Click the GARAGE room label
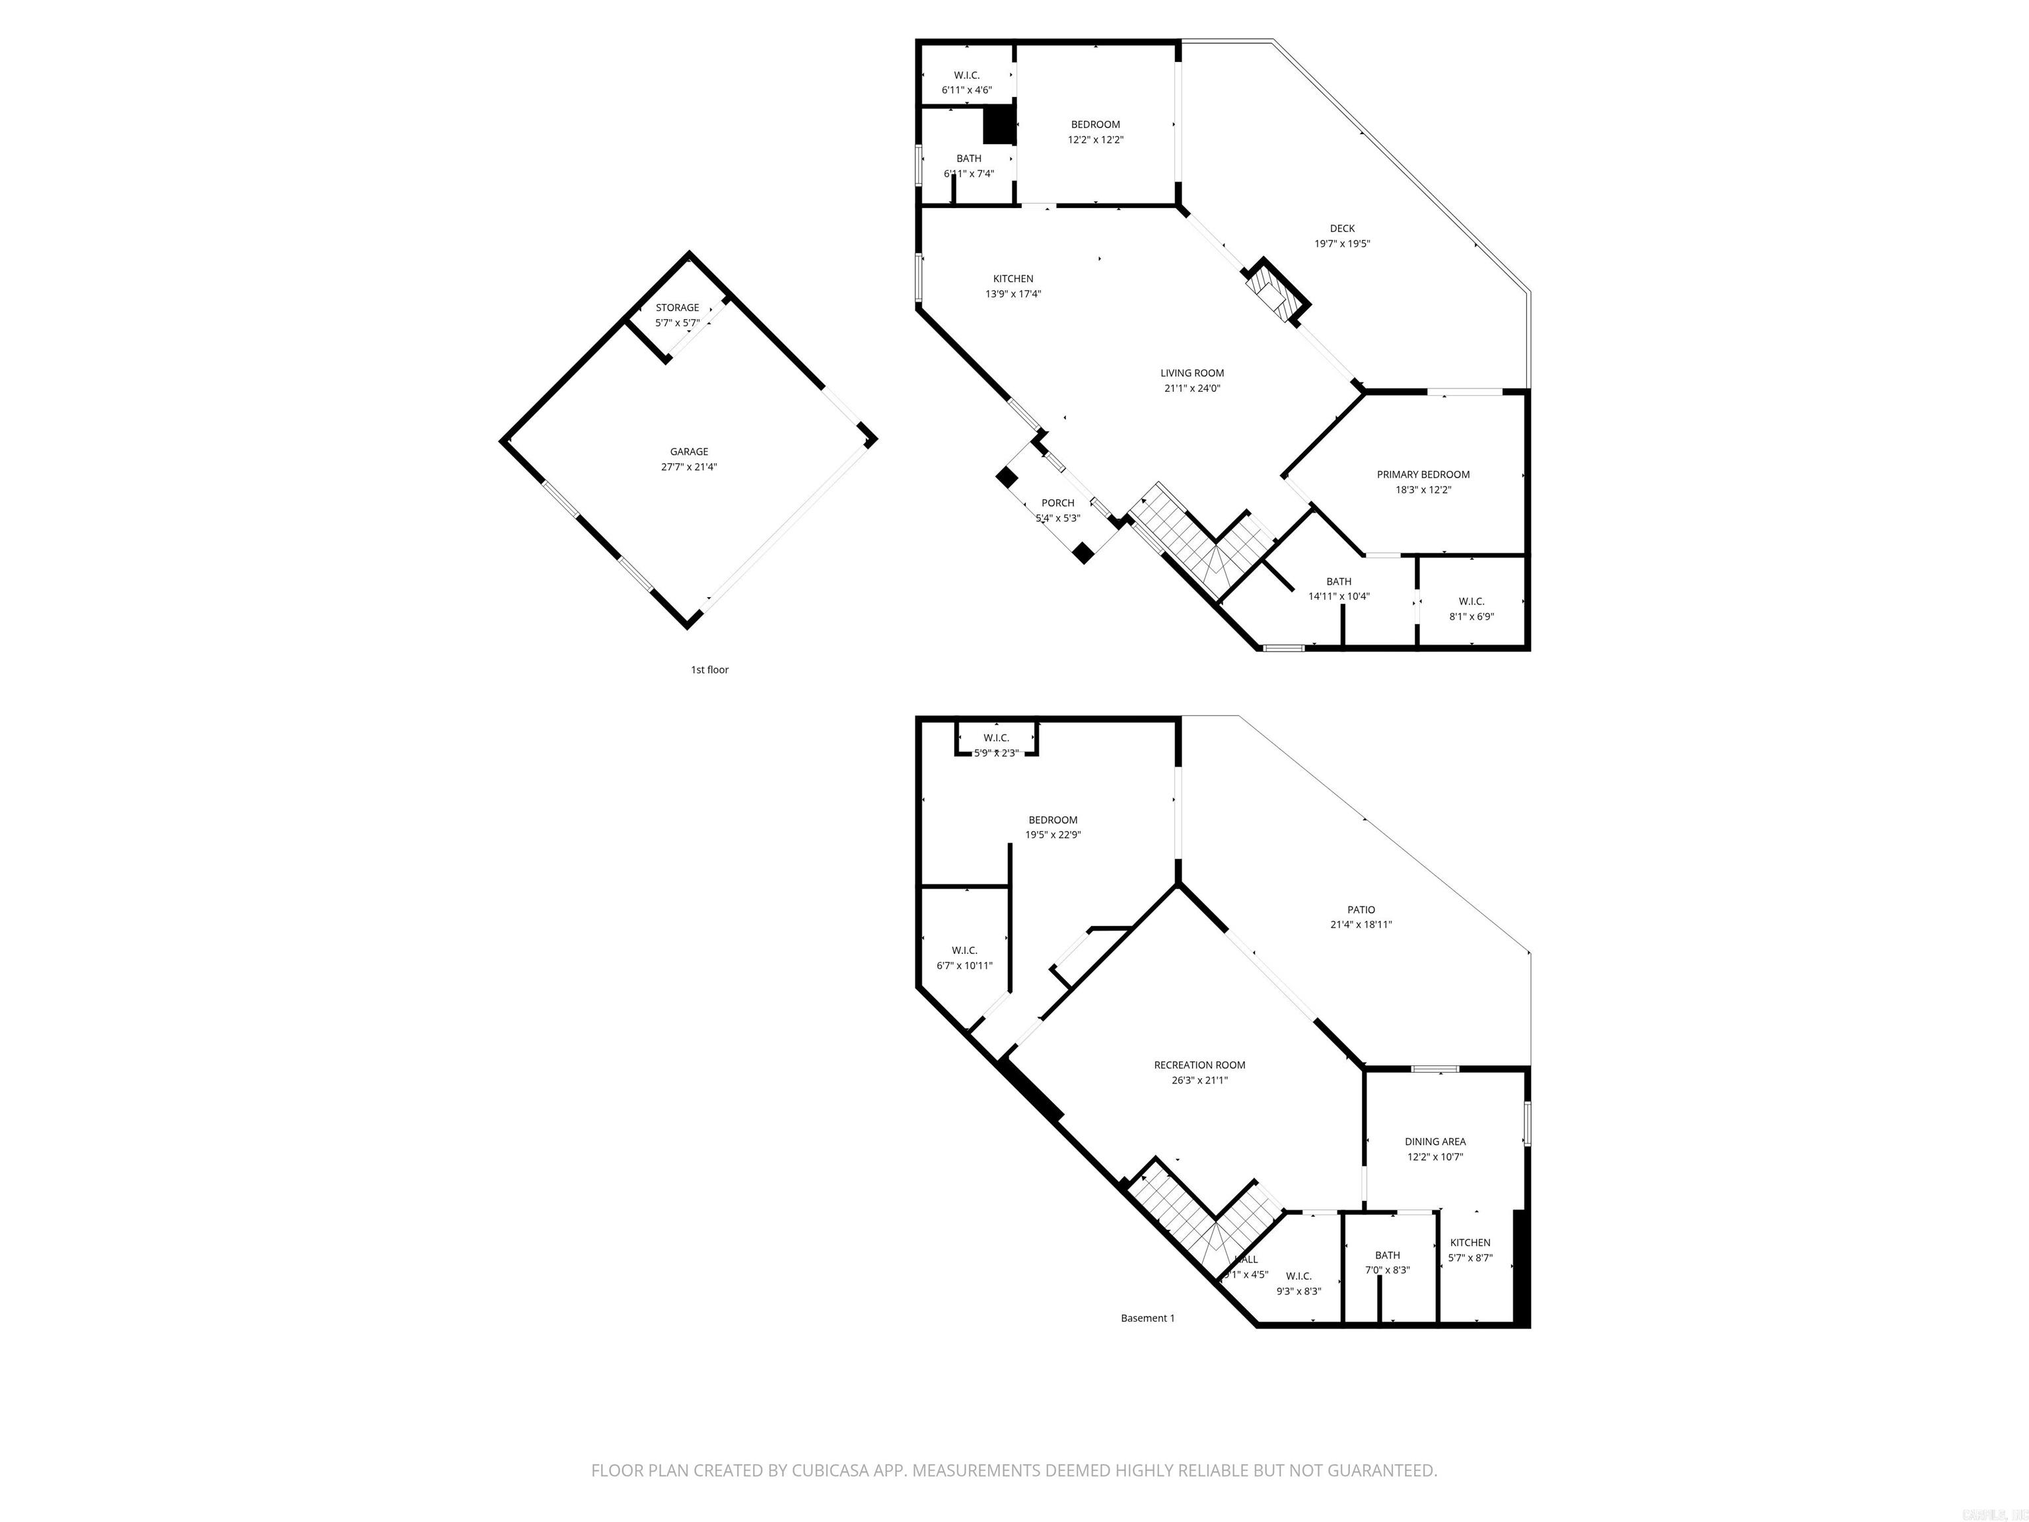pos(688,451)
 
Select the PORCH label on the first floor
pos(1057,503)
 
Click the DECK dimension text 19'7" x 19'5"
pos(1342,244)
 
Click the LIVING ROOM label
pos(1192,373)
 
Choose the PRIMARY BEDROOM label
pos(1423,474)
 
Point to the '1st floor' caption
pos(709,670)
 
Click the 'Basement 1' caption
pos(1147,1319)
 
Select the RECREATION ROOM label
pos(1199,1065)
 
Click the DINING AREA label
pos(1435,1142)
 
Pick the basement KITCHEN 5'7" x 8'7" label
pos(1470,1250)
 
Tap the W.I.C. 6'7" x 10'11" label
pos(964,958)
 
